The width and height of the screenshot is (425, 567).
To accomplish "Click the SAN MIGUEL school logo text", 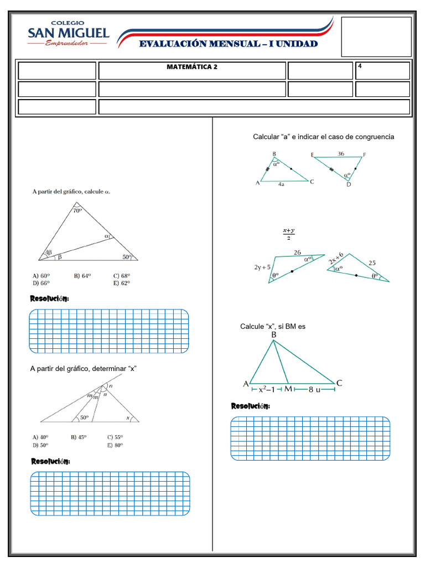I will pyautogui.click(x=69, y=33).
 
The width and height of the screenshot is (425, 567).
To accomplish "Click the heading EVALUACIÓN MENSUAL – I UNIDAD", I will pyautogui.click(x=229, y=44).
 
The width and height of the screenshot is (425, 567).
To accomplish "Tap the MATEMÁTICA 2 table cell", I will pyautogui.click(x=192, y=67).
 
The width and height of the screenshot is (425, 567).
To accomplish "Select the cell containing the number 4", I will pyautogui.click(x=382, y=70).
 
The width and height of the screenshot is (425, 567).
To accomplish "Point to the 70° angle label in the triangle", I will pyautogui.click(x=77, y=210).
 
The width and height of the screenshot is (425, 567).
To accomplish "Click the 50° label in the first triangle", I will pyautogui.click(x=127, y=257).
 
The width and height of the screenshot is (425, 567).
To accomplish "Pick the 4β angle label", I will pyautogui.click(x=49, y=252).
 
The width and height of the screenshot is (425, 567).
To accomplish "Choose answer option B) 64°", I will pyautogui.click(x=82, y=275).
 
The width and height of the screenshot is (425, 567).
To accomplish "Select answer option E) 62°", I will pyautogui.click(x=121, y=283).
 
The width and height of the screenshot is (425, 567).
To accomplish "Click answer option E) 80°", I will pyautogui.click(x=115, y=445).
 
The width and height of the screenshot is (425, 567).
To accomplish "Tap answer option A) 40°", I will pyautogui.click(x=40, y=437).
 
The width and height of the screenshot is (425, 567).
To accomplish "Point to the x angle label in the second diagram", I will pyautogui.click(x=128, y=418).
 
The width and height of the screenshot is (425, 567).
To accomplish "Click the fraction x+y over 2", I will pyautogui.click(x=288, y=234).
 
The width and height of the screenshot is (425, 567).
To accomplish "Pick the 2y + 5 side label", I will pyautogui.click(x=262, y=267).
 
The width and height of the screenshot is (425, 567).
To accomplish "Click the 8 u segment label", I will pyautogui.click(x=314, y=390).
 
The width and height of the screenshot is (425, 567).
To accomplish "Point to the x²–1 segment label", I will pyautogui.click(x=267, y=390).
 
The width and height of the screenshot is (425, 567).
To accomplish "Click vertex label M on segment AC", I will pyautogui.click(x=288, y=390).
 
